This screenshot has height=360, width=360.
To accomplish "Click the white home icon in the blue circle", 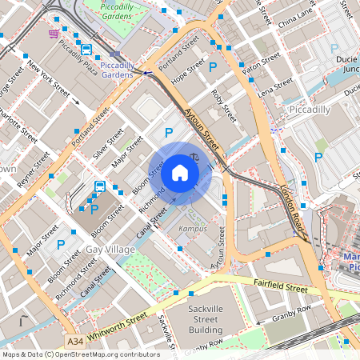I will coord(180,173).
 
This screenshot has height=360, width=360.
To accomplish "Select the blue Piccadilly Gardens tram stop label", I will coord(118,69).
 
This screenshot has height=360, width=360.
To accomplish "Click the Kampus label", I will coord(192,228).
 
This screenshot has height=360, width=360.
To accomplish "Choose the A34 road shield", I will coord(75,342).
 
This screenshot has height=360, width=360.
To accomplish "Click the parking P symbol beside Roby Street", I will coord(213,69).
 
